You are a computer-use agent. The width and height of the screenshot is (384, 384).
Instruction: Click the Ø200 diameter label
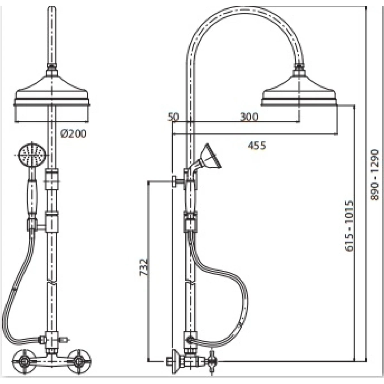pyautogui.click(x=73, y=133)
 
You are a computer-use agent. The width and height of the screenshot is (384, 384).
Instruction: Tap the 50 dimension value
pyautogui.click(x=173, y=117)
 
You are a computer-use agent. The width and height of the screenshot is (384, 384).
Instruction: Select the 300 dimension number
pyautogui.click(x=249, y=117)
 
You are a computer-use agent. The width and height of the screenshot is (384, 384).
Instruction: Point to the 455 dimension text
pyautogui.click(x=257, y=145)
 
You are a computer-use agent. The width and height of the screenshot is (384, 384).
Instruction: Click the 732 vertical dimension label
pyautogui.click(x=144, y=267)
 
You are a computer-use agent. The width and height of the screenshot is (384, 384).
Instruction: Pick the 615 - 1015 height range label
pyautogui.click(x=349, y=226)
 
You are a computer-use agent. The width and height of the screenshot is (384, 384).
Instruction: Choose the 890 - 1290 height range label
pyautogui.click(x=374, y=175)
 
